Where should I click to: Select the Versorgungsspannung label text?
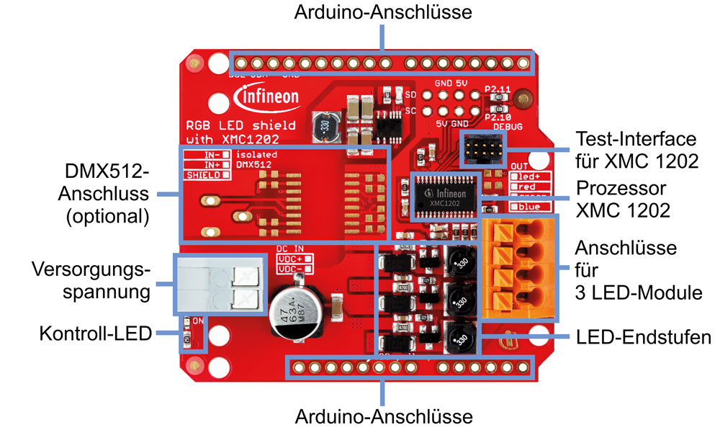91,282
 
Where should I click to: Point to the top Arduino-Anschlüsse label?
384,12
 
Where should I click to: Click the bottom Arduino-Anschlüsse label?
384,416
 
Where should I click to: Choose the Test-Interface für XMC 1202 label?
638,150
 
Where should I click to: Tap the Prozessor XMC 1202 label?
624,200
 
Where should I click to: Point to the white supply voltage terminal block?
215,283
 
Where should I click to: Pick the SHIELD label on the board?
202,175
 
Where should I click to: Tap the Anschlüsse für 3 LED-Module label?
626,270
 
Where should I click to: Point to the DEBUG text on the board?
506,126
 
